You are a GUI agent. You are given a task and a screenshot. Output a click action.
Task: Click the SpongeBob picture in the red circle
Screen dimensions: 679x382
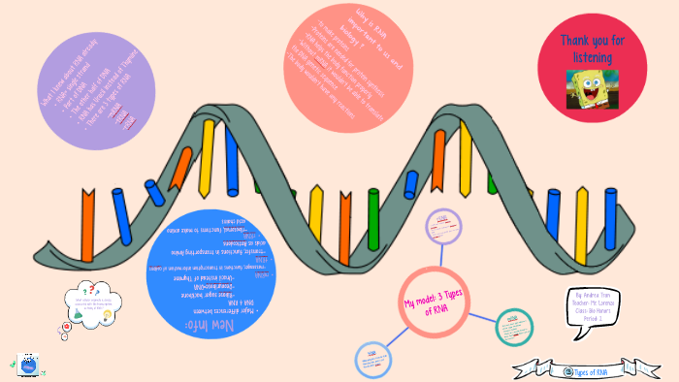[x=592, y=86]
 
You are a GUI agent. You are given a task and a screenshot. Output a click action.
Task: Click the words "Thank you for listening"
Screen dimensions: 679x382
[x=592, y=48]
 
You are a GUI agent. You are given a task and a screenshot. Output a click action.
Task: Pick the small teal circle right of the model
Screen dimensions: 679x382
[x=514, y=327]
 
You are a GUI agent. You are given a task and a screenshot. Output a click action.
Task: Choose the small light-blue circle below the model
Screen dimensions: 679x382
[x=372, y=358]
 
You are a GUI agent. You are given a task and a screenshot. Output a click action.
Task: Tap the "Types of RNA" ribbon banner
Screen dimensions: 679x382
[x=583, y=370]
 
